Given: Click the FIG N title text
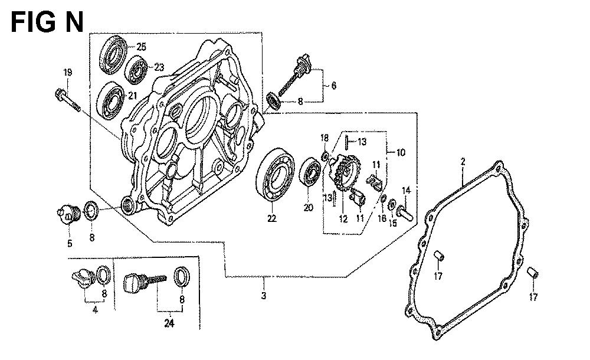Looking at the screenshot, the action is click(x=47, y=22).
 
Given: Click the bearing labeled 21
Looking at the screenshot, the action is click(x=110, y=100).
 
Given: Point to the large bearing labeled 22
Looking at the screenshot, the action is click(x=276, y=174).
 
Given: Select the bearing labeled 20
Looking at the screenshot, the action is click(x=310, y=172).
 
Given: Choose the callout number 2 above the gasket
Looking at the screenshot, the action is click(x=463, y=162).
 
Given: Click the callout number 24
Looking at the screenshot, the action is click(x=169, y=323).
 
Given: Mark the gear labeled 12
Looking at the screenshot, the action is click(x=345, y=173).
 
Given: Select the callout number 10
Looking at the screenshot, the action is click(x=401, y=152).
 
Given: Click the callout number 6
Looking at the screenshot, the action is click(x=333, y=86).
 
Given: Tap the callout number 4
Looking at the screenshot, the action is click(x=95, y=310).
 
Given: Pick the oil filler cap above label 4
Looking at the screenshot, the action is click(x=84, y=279).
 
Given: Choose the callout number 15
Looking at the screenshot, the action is click(x=392, y=223).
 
